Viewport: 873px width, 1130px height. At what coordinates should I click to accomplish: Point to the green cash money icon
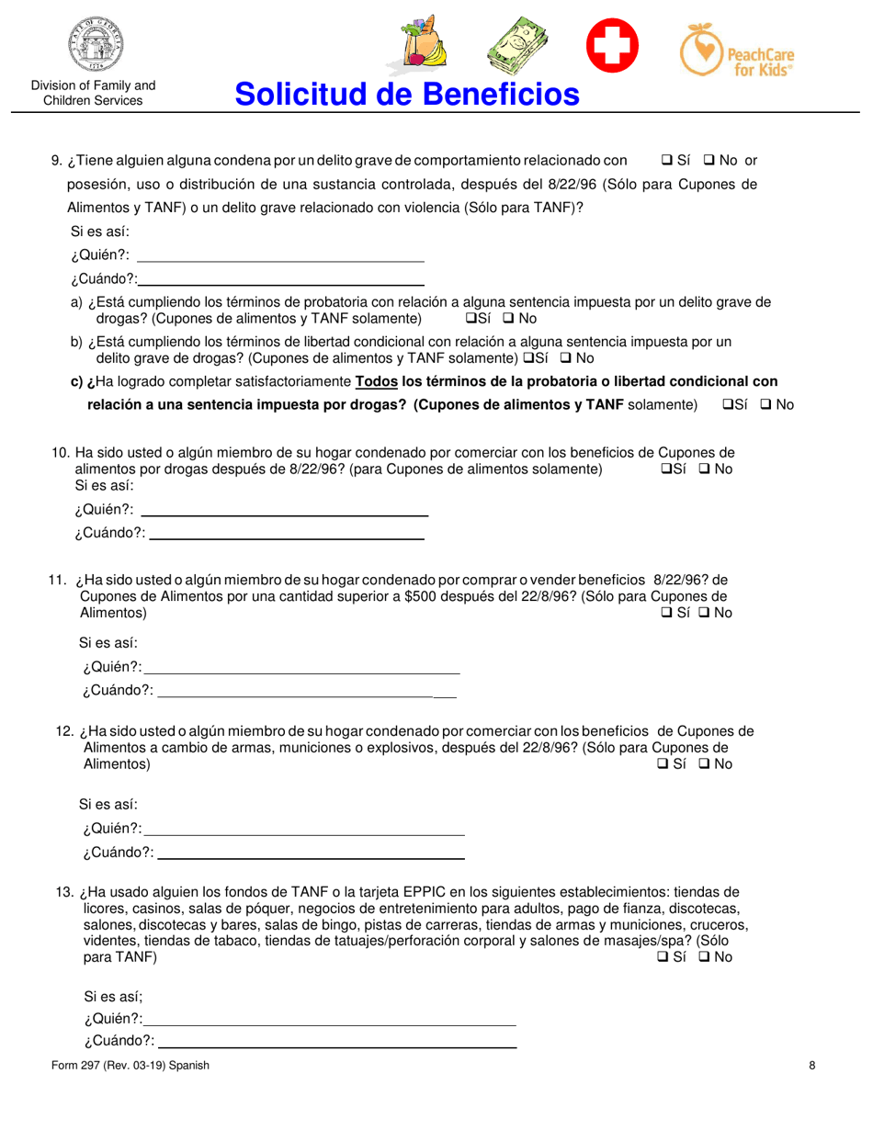517,45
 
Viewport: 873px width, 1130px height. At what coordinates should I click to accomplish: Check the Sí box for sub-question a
472,319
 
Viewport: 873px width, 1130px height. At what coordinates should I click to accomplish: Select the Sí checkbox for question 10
665,469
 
